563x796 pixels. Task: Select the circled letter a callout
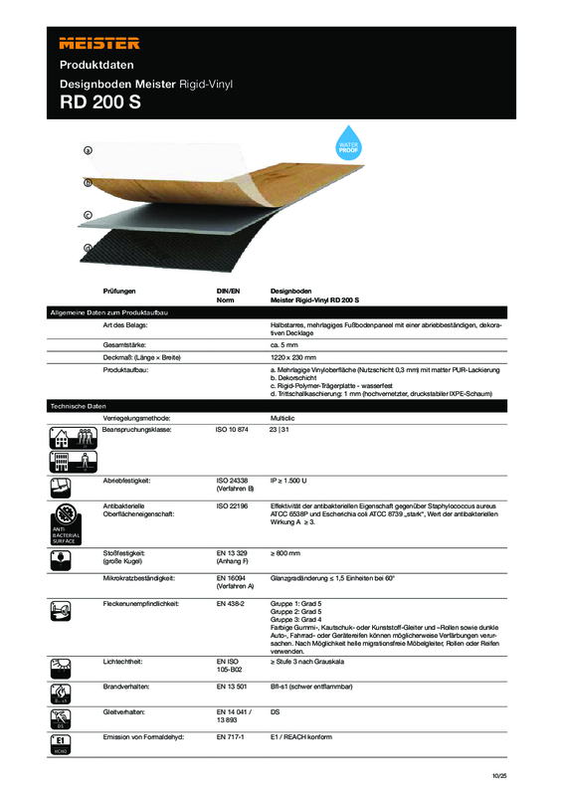click(x=88, y=150)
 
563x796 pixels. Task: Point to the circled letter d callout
click(x=88, y=247)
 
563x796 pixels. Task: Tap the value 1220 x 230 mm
click(x=293, y=356)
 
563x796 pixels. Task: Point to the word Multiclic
click(x=285, y=419)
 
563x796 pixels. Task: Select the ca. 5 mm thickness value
click(x=285, y=344)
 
